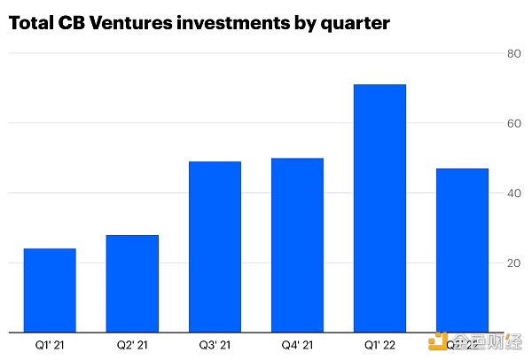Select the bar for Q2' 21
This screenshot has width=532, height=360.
(x=131, y=283)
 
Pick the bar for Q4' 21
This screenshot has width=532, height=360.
(x=297, y=245)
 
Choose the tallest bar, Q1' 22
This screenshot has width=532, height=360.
(x=379, y=208)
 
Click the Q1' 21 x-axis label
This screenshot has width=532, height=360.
(x=49, y=344)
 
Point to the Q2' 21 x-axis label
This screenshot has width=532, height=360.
(x=131, y=344)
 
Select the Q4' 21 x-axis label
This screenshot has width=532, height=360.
(x=297, y=344)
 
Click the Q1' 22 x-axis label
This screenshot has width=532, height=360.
(x=379, y=344)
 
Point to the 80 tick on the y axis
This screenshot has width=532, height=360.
(x=512, y=54)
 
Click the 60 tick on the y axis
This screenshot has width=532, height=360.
(x=512, y=124)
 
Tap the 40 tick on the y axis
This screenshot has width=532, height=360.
(x=512, y=193)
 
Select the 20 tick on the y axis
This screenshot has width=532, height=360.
(x=512, y=263)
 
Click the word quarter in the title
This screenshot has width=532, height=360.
(x=355, y=24)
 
